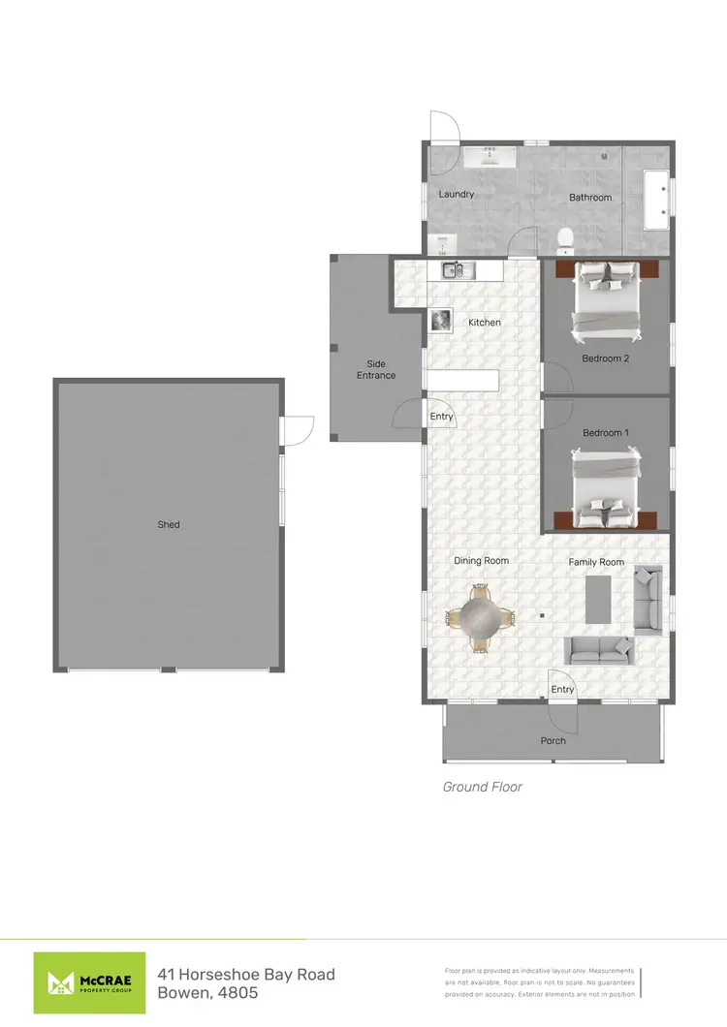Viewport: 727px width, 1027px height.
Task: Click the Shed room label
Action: (x=169, y=524)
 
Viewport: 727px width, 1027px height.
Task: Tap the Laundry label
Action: (x=457, y=194)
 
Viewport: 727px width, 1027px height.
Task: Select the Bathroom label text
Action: (x=590, y=198)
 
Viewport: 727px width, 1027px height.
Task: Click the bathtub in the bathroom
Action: (x=655, y=199)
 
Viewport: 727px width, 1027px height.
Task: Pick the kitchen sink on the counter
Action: (x=453, y=270)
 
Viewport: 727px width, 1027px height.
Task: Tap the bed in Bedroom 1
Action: (x=606, y=487)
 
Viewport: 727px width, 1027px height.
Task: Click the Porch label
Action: (x=553, y=741)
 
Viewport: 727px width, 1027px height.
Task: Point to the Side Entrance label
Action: (x=376, y=369)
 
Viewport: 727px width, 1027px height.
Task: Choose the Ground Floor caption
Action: (x=482, y=787)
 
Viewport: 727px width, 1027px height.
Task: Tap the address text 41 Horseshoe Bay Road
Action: (x=246, y=974)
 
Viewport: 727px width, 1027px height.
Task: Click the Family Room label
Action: (x=596, y=562)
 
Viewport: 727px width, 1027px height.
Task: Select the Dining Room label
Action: (x=482, y=560)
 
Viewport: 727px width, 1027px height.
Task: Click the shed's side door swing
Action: (x=298, y=430)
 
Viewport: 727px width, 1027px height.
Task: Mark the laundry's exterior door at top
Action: (x=444, y=127)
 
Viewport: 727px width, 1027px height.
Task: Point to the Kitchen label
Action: (x=485, y=322)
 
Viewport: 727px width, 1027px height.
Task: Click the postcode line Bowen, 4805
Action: (x=207, y=995)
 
